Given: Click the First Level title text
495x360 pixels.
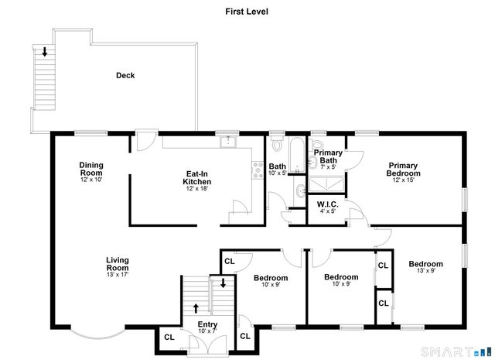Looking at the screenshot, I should coord(247,12).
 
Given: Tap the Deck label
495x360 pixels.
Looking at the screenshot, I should coord(125,75).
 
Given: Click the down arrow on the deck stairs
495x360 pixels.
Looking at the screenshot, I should coord(45,53).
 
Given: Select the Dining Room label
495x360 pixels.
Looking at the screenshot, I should coord(91,168).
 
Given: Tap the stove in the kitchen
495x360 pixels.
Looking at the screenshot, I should coord(257,169).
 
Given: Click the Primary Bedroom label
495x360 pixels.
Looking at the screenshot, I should coord(403,169).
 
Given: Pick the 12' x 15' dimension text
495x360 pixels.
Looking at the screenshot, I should coord(403,180).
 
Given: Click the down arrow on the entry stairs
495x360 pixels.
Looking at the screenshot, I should coord(223,284).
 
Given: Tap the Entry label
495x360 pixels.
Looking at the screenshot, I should coord(207,324).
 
